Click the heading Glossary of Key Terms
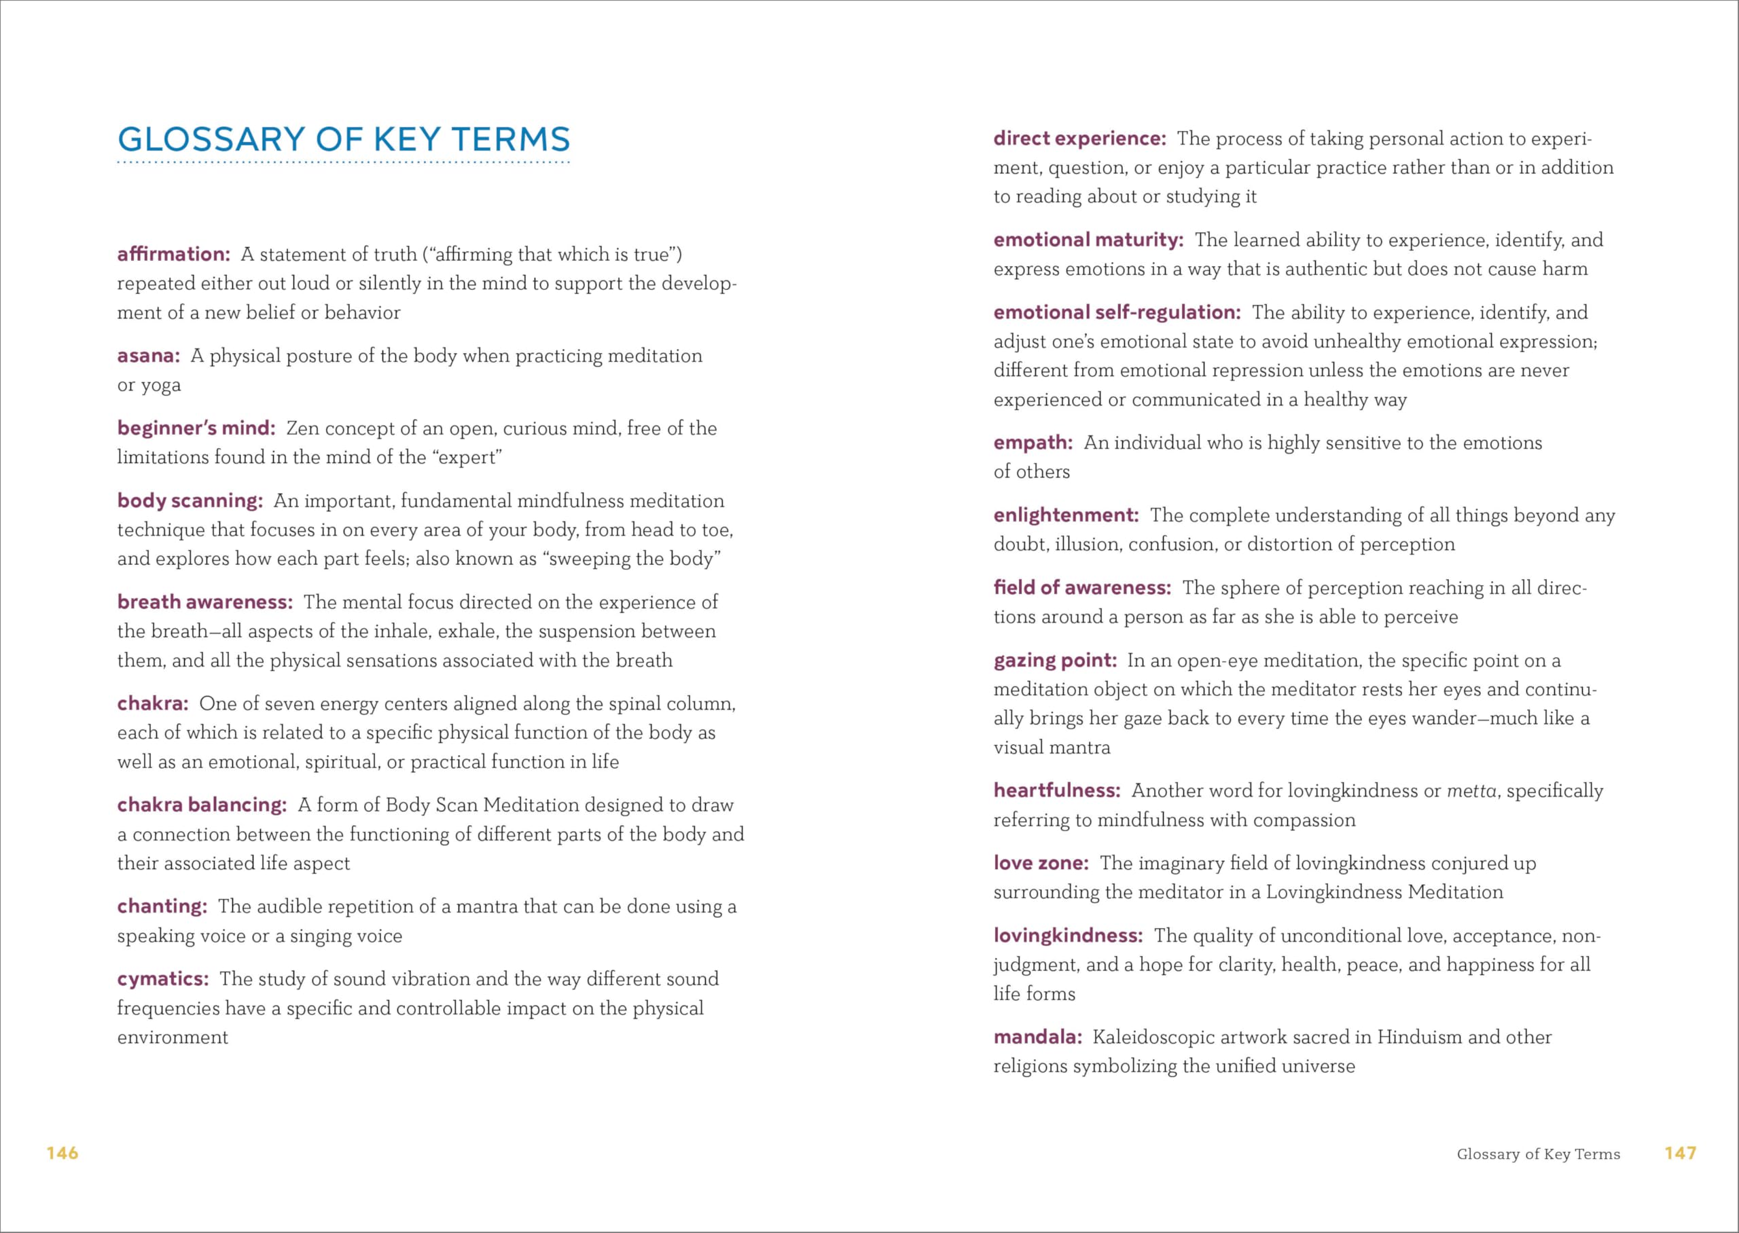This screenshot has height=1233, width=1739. pyautogui.click(x=343, y=140)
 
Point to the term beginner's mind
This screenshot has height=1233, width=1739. pyautogui.click(x=196, y=428)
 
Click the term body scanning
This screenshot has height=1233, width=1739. pyautogui.click(x=190, y=501)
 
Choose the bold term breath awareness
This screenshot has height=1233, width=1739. pyautogui.click(x=204, y=602)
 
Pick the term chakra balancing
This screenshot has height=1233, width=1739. pyautogui.click(x=201, y=805)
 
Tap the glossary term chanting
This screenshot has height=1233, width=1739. pyautogui.click(x=162, y=906)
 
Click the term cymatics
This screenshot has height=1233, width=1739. pyautogui.click(x=162, y=978)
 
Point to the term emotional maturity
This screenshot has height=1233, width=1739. pyautogui.click(x=1088, y=240)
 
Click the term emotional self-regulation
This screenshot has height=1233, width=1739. pyautogui.click(x=1117, y=312)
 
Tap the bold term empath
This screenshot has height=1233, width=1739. pyautogui.click(x=1033, y=443)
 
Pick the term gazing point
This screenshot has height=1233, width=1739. pyautogui.click(x=1055, y=661)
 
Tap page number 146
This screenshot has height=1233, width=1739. pyautogui.click(x=62, y=1154)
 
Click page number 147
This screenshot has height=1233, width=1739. pyautogui.click(x=1681, y=1154)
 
